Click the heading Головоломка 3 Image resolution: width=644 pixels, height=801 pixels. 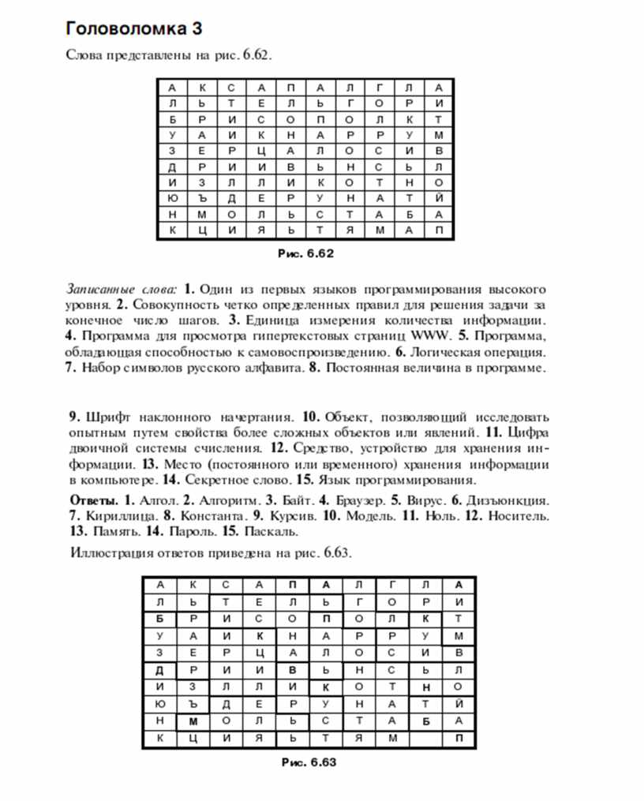click(x=135, y=30)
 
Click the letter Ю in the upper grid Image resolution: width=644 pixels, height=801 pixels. click(x=171, y=198)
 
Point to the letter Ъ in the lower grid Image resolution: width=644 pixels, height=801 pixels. click(x=192, y=702)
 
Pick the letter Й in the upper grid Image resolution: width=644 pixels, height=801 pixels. click(x=439, y=198)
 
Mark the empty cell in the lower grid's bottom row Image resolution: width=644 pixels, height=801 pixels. click(x=425, y=739)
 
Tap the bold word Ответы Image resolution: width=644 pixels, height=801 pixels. click(x=92, y=500)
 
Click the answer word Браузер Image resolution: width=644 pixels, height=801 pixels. click(x=359, y=500)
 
